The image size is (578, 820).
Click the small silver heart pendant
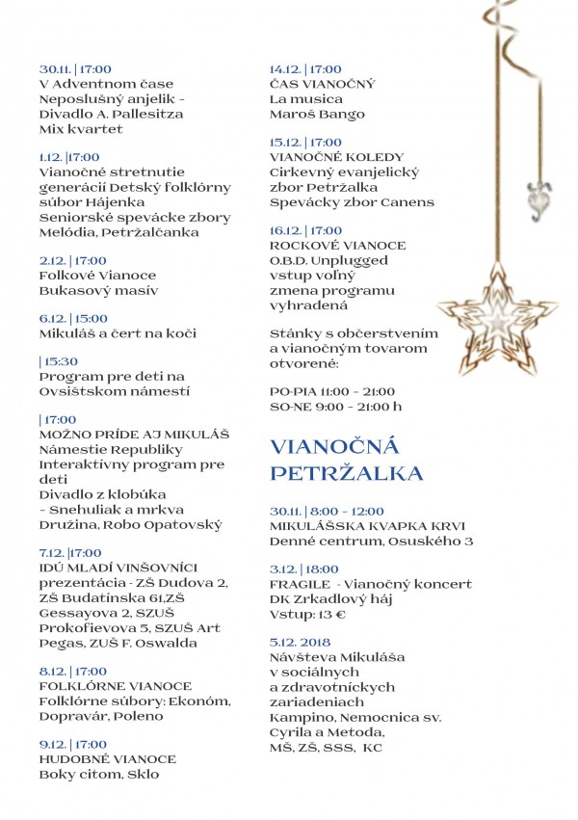pyautogui.click(x=534, y=198)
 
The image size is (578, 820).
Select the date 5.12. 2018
pyautogui.click(x=300, y=642)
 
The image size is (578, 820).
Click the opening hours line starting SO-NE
pyautogui.click(x=336, y=407)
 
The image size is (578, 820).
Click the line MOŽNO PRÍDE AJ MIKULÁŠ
pyautogui.click(x=120, y=435)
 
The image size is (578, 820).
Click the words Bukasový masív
pyautogui.click(x=98, y=289)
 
